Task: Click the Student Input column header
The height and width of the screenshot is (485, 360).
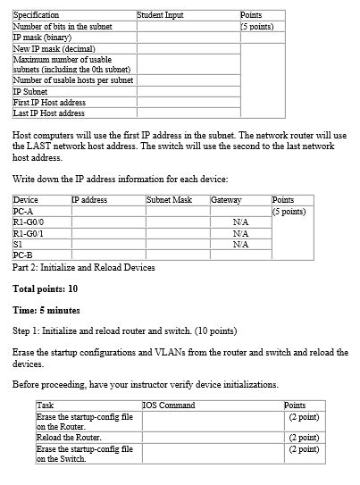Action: coord(160,15)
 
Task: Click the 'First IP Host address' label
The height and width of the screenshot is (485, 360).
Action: coord(48,103)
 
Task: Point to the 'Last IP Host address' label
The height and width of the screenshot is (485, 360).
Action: coord(48,113)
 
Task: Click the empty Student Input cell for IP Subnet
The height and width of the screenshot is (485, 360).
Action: coord(187,92)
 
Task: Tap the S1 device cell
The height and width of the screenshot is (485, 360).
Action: coord(19,243)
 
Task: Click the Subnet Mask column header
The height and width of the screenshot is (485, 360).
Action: coord(170,200)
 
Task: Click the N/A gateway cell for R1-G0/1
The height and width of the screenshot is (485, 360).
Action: coord(239,232)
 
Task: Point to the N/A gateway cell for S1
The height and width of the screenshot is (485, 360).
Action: coord(239,243)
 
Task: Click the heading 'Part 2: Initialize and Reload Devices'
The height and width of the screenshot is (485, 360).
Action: coord(84,267)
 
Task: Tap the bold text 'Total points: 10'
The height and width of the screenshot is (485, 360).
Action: coord(46,288)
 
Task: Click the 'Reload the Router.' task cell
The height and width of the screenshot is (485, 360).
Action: coord(69,438)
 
